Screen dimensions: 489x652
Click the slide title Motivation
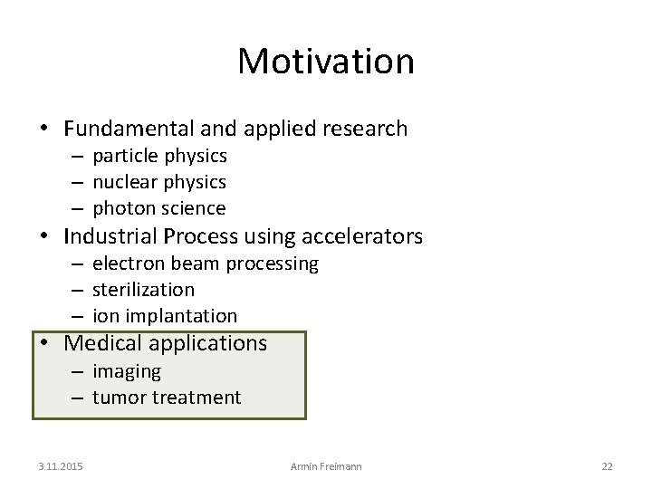point(326,62)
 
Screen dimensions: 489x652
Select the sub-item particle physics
point(159,156)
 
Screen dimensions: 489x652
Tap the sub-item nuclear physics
point(159,182)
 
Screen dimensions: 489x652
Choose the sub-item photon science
point(159,208)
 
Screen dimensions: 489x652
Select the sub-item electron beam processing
point(206,264)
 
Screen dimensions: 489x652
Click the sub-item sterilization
point(143,290)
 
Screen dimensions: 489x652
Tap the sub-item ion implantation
point(165,316)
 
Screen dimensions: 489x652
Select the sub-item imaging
point(127,371)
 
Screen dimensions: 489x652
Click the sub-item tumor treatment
point(167,397)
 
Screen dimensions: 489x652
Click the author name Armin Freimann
point(325,465)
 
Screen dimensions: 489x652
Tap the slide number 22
point(607,465)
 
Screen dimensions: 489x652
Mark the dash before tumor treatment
point(77,398)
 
